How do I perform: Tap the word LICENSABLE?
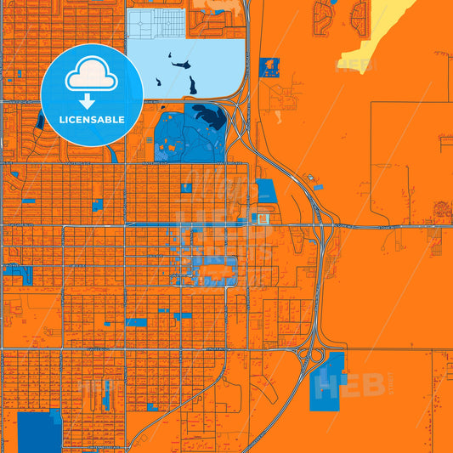coord(91,121)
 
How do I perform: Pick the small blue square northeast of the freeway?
coord(270,67)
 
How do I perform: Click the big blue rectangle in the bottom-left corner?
coord(39,432)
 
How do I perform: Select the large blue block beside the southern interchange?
coord(329,380)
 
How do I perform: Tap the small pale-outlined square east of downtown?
coord(263,219)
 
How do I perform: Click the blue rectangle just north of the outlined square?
coord(266,192)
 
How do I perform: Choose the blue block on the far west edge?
coord(17,275)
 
